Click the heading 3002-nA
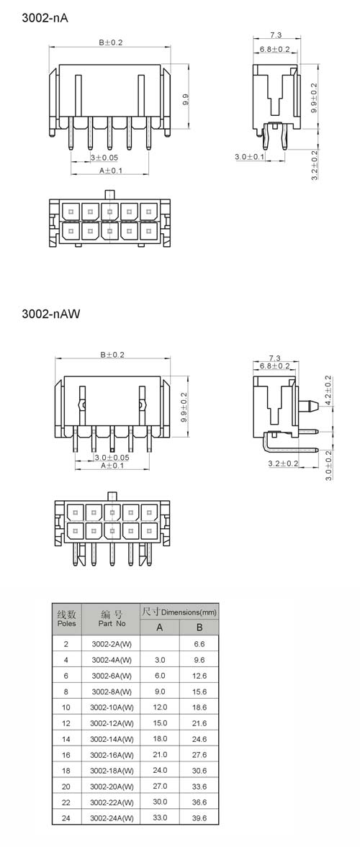click(x=45, y=18)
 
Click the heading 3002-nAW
click(x=51, y=314)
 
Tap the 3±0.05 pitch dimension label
click(x=104, y=158)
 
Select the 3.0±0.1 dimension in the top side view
click(x=250, y=157)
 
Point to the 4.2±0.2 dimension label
click(x=328, y=391)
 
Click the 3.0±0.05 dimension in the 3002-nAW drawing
click(x=112, y=458)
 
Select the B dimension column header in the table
click(x=199, y=628)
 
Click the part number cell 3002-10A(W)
click(x=112, y=707)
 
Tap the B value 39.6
click(x=199, y=818)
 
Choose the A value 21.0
click(x=160, y=755)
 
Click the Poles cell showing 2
click(x=66, y=644)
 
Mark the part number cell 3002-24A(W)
click(x=112, y=818)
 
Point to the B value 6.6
click(x=199, y=644)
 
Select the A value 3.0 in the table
click(x=160, y=660)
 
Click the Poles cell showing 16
click(x=66, y=755)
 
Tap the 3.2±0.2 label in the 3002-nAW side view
click(x=283, y=463)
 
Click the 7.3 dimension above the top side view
click(x=276, y=35)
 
